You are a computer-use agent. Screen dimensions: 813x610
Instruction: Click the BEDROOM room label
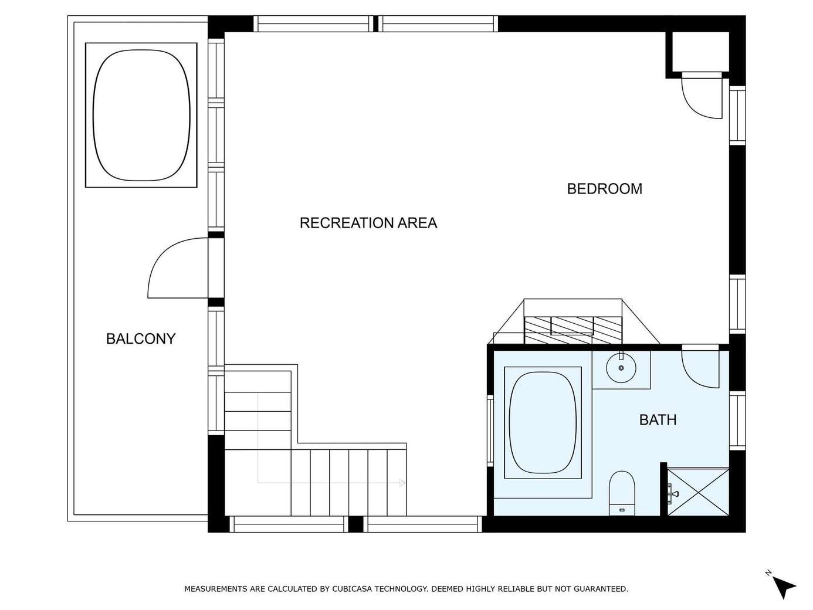click(604, 189)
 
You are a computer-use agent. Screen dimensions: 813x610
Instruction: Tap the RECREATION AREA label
click(368, 223)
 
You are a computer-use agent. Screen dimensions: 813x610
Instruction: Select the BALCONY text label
click(141, 339)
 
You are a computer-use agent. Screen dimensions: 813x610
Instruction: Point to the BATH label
click(658, 420)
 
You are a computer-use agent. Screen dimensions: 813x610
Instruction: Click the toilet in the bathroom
click(622, 493)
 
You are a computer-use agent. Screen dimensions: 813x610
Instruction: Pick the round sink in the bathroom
click(621, 368)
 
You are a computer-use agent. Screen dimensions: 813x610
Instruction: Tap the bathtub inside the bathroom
click(543, 422)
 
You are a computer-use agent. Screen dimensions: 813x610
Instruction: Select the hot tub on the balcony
click(141, 115)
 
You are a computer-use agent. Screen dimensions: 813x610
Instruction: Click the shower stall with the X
click(698, 492)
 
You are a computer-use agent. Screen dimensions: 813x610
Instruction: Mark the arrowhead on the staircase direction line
click(402, 483)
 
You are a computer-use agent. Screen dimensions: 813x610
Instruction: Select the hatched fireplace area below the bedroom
click(573, 330)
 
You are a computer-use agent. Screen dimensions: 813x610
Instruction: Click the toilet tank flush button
click(622, 510)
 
